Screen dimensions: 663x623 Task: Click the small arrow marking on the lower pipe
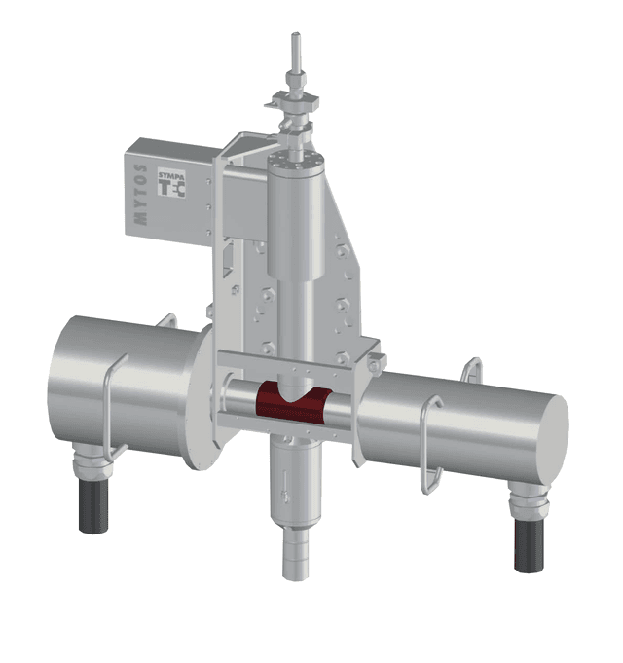click(278, 481)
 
